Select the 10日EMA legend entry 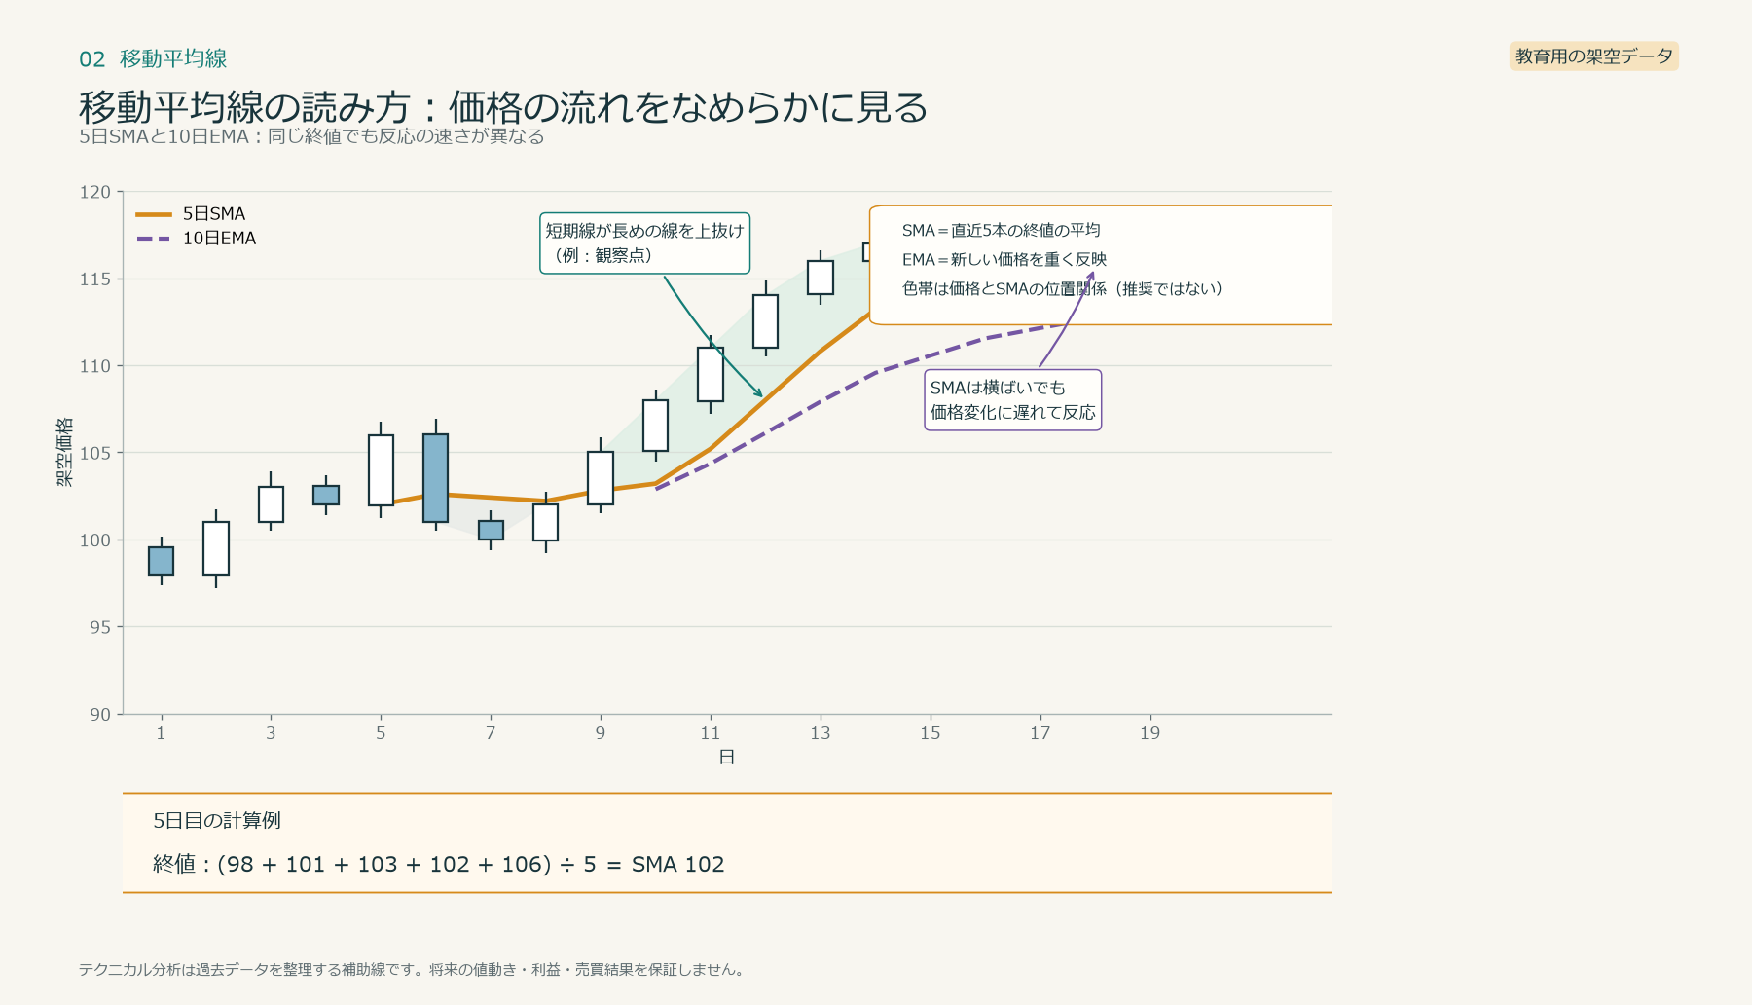tap(196, 239)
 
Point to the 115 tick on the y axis tap(95, 279)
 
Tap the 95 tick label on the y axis tap(100, 627)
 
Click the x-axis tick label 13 tap(821, 733)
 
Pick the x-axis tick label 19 tap(1150, 733)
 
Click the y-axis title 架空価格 tap(64, 452)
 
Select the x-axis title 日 tap(726, 758)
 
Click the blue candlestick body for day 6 tap(435, 478)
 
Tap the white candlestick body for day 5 tap(381, 470)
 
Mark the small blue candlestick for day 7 tap(491, 531)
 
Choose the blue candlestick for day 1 tap(161, 561)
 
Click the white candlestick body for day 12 tap(765, 321)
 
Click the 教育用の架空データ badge tap(1593, 56)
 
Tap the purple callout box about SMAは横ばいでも tap(1012, 400)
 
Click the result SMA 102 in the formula tap(677, 865)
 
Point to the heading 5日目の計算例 tap(217, 821)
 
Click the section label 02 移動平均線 tap(153, 59)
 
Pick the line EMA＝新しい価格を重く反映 tap(1004, 260)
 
